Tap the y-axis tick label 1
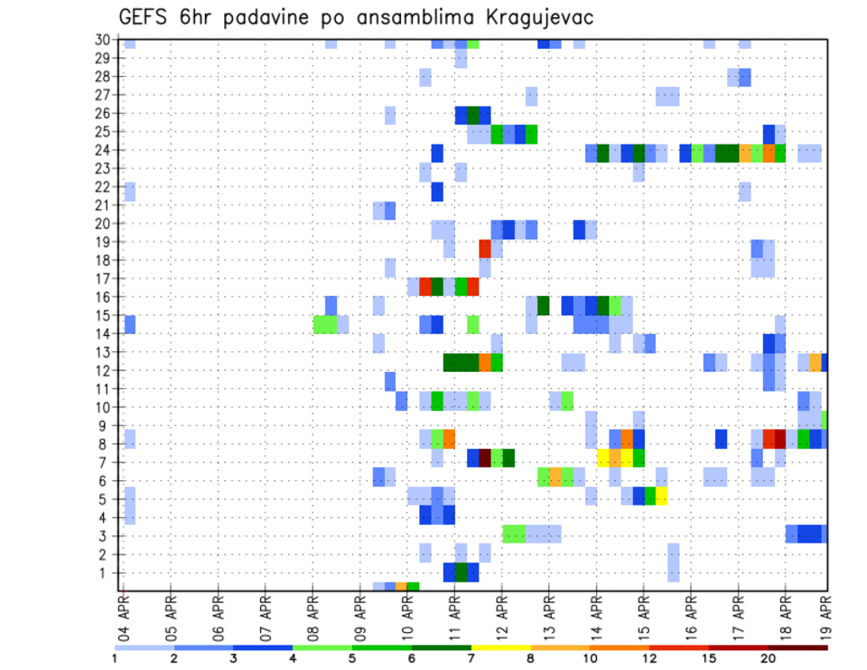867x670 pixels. point(107,572)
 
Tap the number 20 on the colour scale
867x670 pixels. point(769,658)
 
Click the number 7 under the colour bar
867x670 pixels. point(471,658)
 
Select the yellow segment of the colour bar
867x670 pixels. point(500,647)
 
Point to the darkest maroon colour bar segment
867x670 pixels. point(798,647)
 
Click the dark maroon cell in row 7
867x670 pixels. point(484,458)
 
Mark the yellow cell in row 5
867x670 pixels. point(661,495)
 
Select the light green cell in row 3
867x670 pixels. point(514,534)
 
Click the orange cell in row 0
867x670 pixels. point(401,587)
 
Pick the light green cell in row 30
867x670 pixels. point(473,42)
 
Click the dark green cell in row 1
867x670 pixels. point(461,572)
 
